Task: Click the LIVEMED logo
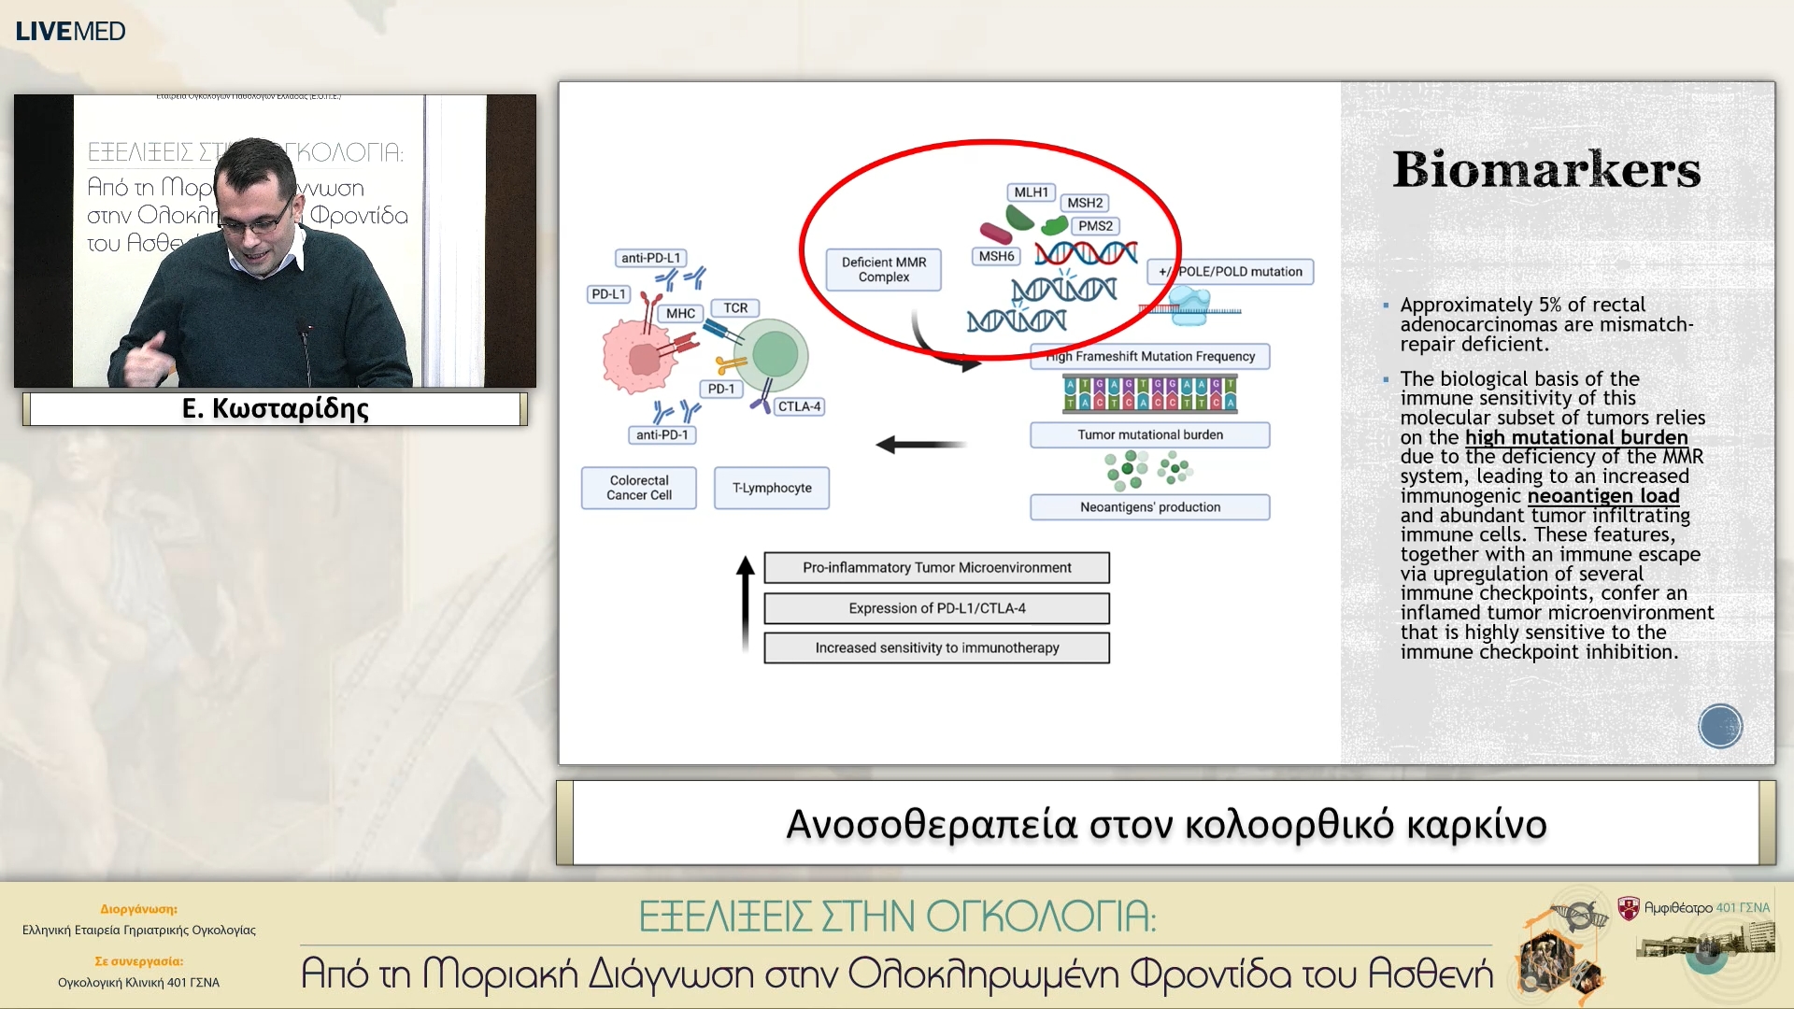tap(70, 31)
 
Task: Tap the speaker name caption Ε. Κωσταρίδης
tap(275, 409)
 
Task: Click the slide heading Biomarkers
tap(1546, 169)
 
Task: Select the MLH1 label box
tap(1031, 192)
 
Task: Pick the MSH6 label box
tap(996, 256)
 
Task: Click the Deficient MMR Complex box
tap(883, 269)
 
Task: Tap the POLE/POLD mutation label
tap(1231, 272)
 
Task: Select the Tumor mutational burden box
tap(1149, 434)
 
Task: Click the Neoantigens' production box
tap(1149, 507)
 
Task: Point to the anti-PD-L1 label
tap(650, 258)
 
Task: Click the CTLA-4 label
tap(799, 406)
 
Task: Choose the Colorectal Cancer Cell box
tap(639, 488)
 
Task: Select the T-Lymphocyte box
tap(772, 488)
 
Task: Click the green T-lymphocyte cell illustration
tap(774, 355)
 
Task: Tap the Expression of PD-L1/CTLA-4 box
tap(936, 608)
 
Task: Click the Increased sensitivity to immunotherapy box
tap(936, 648)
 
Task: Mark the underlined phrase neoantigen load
tap(1602, 496)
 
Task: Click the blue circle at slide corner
tap(1719, 726)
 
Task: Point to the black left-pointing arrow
tap(920, 445)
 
